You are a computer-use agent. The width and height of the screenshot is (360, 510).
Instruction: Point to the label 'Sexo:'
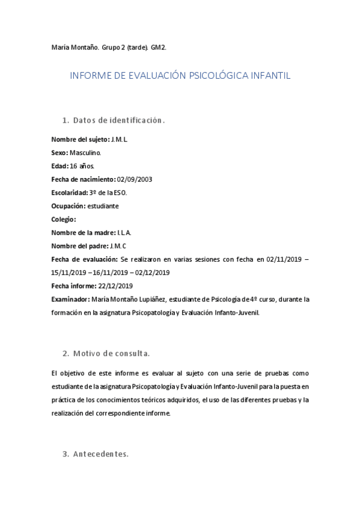(x=59, y=153)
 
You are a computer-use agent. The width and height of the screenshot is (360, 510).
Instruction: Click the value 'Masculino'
(x=90, y=153)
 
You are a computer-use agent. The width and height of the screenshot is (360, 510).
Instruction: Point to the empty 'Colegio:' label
(x=64, y=219)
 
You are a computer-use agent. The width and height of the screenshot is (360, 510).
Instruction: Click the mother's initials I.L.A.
(x=124, y=232)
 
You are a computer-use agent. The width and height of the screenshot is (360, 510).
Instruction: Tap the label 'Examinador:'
(x=70, y=299)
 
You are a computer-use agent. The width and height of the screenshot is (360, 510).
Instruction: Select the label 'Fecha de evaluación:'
(x=84, y=259)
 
